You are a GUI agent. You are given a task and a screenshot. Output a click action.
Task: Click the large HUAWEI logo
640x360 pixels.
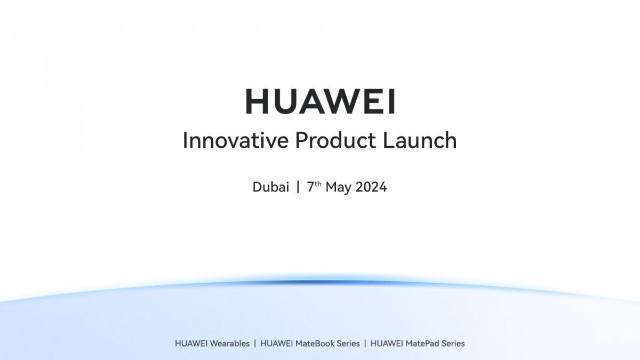pyautogui.click(x=320, y=101)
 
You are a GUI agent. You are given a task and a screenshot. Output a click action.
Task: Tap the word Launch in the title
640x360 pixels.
pyautogui.click(x=420, y=141)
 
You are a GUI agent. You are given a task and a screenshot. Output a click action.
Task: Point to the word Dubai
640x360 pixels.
pyautogui.click(x=271, y=187)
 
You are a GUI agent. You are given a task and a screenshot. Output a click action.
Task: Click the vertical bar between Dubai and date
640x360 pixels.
pyautogui.click(x=298, y=187)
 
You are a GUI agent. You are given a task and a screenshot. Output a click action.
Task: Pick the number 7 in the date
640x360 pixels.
pyautogui.click(x=310, y=187)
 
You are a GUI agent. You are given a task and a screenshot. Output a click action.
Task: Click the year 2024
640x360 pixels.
pyautogui.click(x=371, y=187)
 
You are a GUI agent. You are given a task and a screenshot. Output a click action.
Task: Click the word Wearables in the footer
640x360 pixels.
pyautogui.click(x=229, y=343)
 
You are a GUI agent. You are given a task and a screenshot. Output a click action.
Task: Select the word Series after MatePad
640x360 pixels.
pyautogui.click(x=452, y=343)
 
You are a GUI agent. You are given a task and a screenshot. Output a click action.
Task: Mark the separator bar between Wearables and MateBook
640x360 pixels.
pyautogui.click(x=255, y=343)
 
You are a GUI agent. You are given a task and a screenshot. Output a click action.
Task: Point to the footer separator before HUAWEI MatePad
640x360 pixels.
pyautogui.click(x=365, y=343)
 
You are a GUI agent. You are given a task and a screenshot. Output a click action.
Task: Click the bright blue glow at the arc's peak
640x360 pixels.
pyautogui.click(x=320, y=282)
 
